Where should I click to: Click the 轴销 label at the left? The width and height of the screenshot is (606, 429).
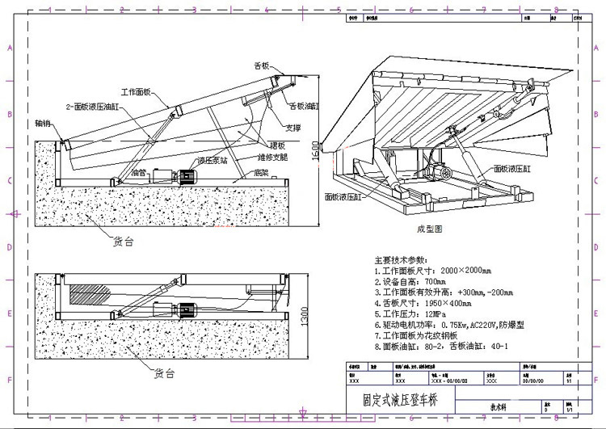[x=44, y=124]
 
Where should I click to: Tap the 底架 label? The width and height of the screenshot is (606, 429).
[x=260, y=171]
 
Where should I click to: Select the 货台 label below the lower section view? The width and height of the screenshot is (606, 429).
[x=163, y=373]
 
